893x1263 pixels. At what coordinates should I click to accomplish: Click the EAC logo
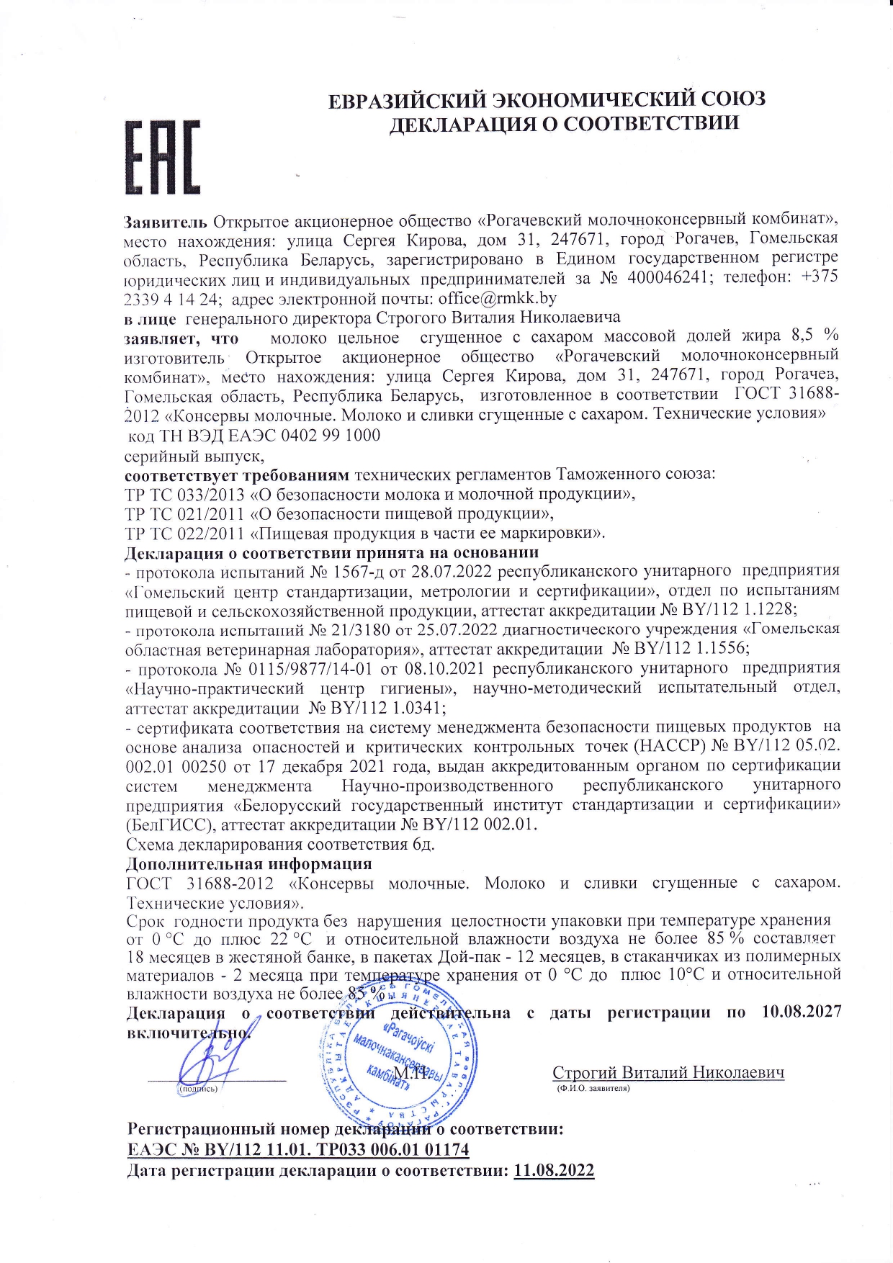[x=162, y=156]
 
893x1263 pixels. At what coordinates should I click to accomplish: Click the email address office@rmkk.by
[x=497, y=298]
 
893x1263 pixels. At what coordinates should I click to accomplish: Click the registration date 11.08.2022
[x=554, y=1170]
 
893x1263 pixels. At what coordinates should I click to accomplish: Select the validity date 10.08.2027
[x=801, y=1012]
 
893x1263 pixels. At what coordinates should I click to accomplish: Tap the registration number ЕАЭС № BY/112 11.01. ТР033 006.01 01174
[x=297, y=1149]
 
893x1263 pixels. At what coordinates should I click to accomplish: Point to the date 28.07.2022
[x=449, y=572]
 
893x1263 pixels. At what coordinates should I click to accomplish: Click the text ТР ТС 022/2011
[x=185, y=534]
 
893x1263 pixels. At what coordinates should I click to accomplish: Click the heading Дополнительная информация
[x=249, y=863]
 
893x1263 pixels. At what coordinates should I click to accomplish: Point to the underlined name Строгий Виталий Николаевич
[x=668, y=1072]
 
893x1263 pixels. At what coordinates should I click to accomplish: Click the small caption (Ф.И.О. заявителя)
[x=593, y=1088]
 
